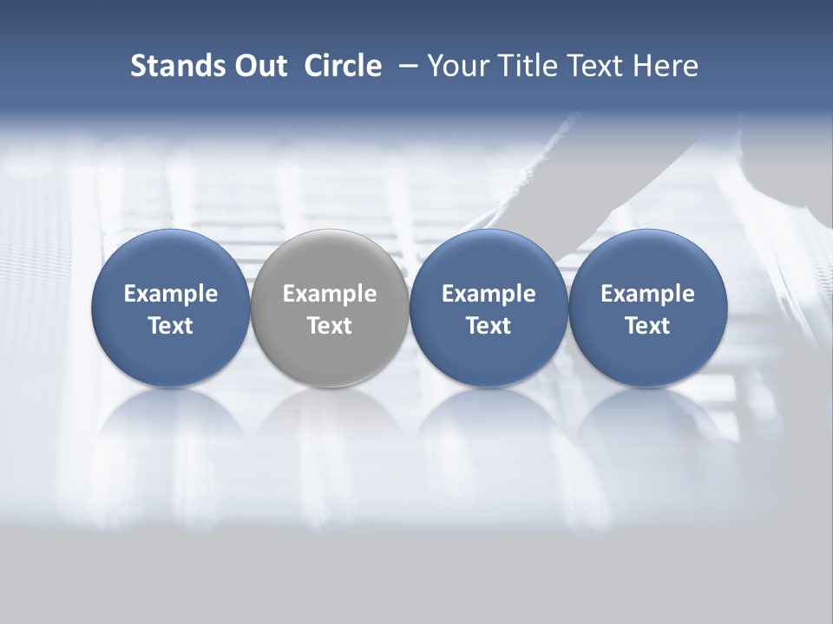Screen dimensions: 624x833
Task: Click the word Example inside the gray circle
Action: pyautogui.click(x=330, y=294)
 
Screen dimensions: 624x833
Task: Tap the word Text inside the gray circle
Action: pyautogui.click(x=330, y=326)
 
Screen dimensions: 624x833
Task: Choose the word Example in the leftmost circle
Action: pyautogui.click(x=171, y=294)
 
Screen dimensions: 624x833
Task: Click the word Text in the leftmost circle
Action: pyautogui.click(x=171, y=326)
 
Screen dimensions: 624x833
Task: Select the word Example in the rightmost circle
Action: pyautogui.click(x=647, y=294)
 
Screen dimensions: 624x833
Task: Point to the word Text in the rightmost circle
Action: pyautogui.click(x=647, y=326)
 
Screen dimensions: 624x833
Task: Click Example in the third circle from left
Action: pyautogui.click(x=489, y=294)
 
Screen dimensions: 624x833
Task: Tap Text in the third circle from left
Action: pyautogui.click(x=489, y=326)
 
